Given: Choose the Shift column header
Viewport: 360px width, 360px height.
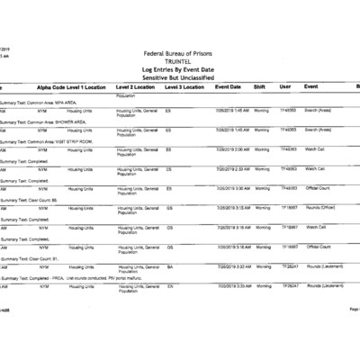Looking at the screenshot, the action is coord(259,87).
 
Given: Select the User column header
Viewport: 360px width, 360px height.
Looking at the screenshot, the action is coord(285,87).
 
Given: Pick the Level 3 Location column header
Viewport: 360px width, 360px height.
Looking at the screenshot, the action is coord(184,87).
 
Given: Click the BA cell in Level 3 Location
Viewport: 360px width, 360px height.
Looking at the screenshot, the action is coord(170,266).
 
